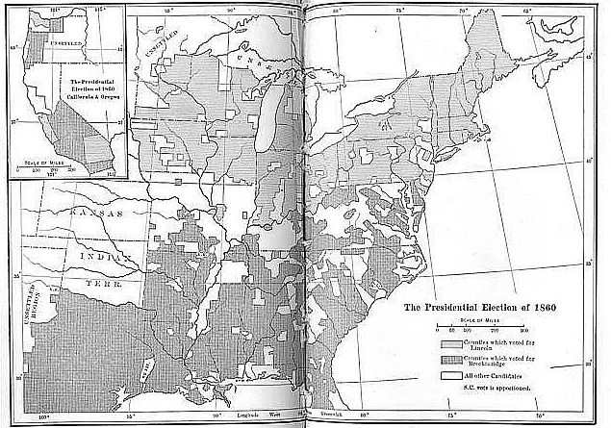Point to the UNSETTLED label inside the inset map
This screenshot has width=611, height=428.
click(x=68, y=44)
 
